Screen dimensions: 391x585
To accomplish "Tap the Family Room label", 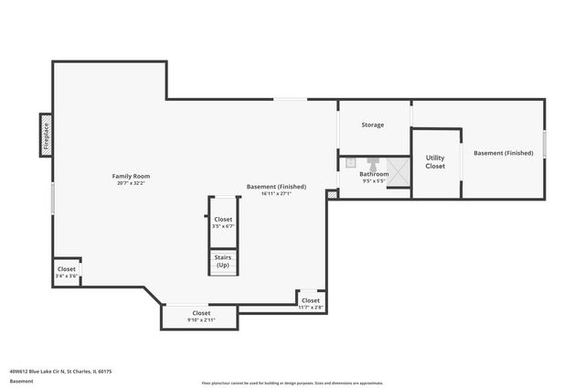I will click(131, 176).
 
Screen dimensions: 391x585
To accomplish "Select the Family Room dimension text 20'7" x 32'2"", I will click(131, 183).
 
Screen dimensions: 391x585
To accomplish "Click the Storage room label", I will click(372, 125).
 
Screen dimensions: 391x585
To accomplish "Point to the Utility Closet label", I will click(435, 162).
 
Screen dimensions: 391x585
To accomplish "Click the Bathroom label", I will click(373, 174).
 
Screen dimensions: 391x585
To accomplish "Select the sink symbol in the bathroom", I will click(349, 163).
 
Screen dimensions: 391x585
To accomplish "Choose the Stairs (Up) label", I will click(223, 262).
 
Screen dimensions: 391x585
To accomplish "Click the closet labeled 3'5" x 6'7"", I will click(223, 223).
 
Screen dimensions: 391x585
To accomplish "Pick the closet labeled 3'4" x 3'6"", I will click(66, 272).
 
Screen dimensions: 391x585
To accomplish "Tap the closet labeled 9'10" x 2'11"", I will click(200, 316).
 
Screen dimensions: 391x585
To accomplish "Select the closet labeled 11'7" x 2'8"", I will click(311, 303).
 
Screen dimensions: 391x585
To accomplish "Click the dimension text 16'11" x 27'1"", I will click(276, 194).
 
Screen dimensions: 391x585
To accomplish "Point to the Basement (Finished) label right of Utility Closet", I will click(503, 153).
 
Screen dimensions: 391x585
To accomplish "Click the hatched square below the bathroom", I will click(332, 194).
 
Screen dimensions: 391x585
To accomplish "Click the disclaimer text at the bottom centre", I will click(292, 383).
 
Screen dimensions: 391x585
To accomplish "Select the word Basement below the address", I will click(21, 380).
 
